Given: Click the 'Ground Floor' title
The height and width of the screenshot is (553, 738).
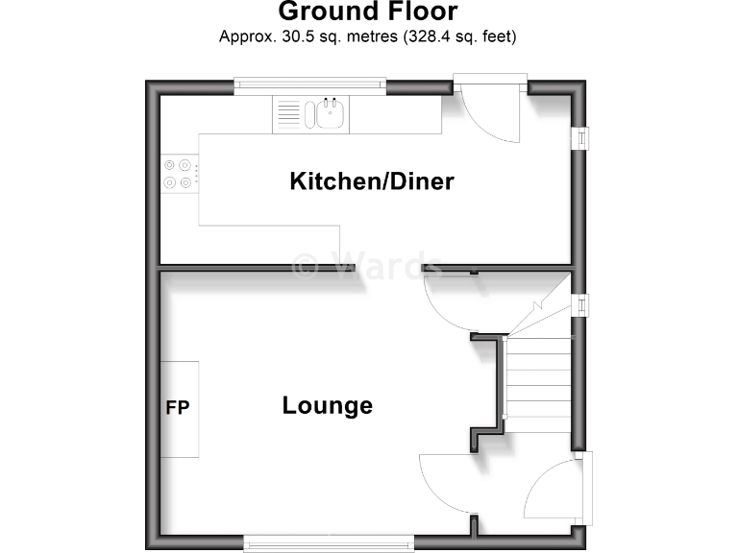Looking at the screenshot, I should (368, 12).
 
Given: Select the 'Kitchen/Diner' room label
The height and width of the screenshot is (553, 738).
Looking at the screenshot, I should (371, 181).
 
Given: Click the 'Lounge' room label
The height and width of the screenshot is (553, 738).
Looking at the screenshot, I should (327, 405).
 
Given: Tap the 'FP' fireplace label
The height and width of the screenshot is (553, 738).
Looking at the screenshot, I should (178, 408).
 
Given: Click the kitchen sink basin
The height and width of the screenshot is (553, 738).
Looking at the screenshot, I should (327, 115).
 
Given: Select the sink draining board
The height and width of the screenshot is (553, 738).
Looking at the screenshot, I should (288, 115).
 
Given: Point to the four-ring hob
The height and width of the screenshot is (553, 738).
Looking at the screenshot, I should (179, 173).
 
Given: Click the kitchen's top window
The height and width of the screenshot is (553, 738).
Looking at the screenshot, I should (310, 84).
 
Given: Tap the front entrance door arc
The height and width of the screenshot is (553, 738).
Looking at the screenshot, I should (553, 490).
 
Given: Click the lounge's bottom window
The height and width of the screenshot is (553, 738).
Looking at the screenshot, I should (329, 543).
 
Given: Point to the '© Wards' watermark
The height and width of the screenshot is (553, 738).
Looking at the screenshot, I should (365, 264).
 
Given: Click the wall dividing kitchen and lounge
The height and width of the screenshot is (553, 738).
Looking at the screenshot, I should (250, 267).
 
